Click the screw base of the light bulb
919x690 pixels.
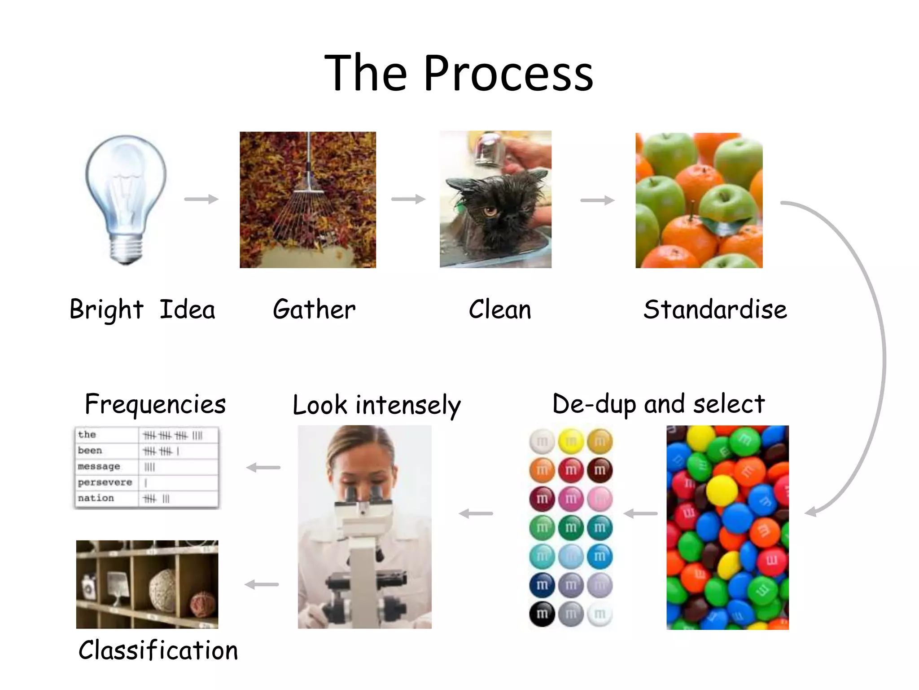(126, 249)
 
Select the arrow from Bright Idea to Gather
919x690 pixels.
(201, 199)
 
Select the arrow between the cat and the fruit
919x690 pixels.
(597, 200)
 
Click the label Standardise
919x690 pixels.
(715, 310)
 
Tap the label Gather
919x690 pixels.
(314, 310)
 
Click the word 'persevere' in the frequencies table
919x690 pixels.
(105, 482)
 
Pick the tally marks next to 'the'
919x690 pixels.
(173, 435)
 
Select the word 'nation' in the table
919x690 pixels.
(96, 498)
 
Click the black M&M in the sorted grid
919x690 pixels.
(542, 614)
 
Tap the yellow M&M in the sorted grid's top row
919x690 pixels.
(571, 442)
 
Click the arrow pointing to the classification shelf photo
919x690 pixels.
(262, 584)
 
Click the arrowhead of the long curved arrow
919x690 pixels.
(810, 512)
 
